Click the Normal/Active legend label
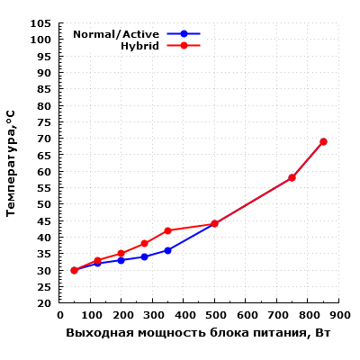point(122,34)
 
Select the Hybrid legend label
point(139,45)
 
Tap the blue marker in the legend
point(184,33)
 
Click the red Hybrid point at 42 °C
point(167,230)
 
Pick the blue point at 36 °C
point(167,250)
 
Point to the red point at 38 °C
point(144,244)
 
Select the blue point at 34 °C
point(144,256)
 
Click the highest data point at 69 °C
point(323,141)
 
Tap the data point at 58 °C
point(292,177)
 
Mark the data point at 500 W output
point(214,224)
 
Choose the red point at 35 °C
point(121,254)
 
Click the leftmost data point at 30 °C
point(74,270)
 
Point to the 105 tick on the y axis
point(40,23)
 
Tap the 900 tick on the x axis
point(338,316)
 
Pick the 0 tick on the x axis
point(60,316)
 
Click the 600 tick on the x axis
point(246,316)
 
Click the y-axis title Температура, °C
point(11,163)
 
